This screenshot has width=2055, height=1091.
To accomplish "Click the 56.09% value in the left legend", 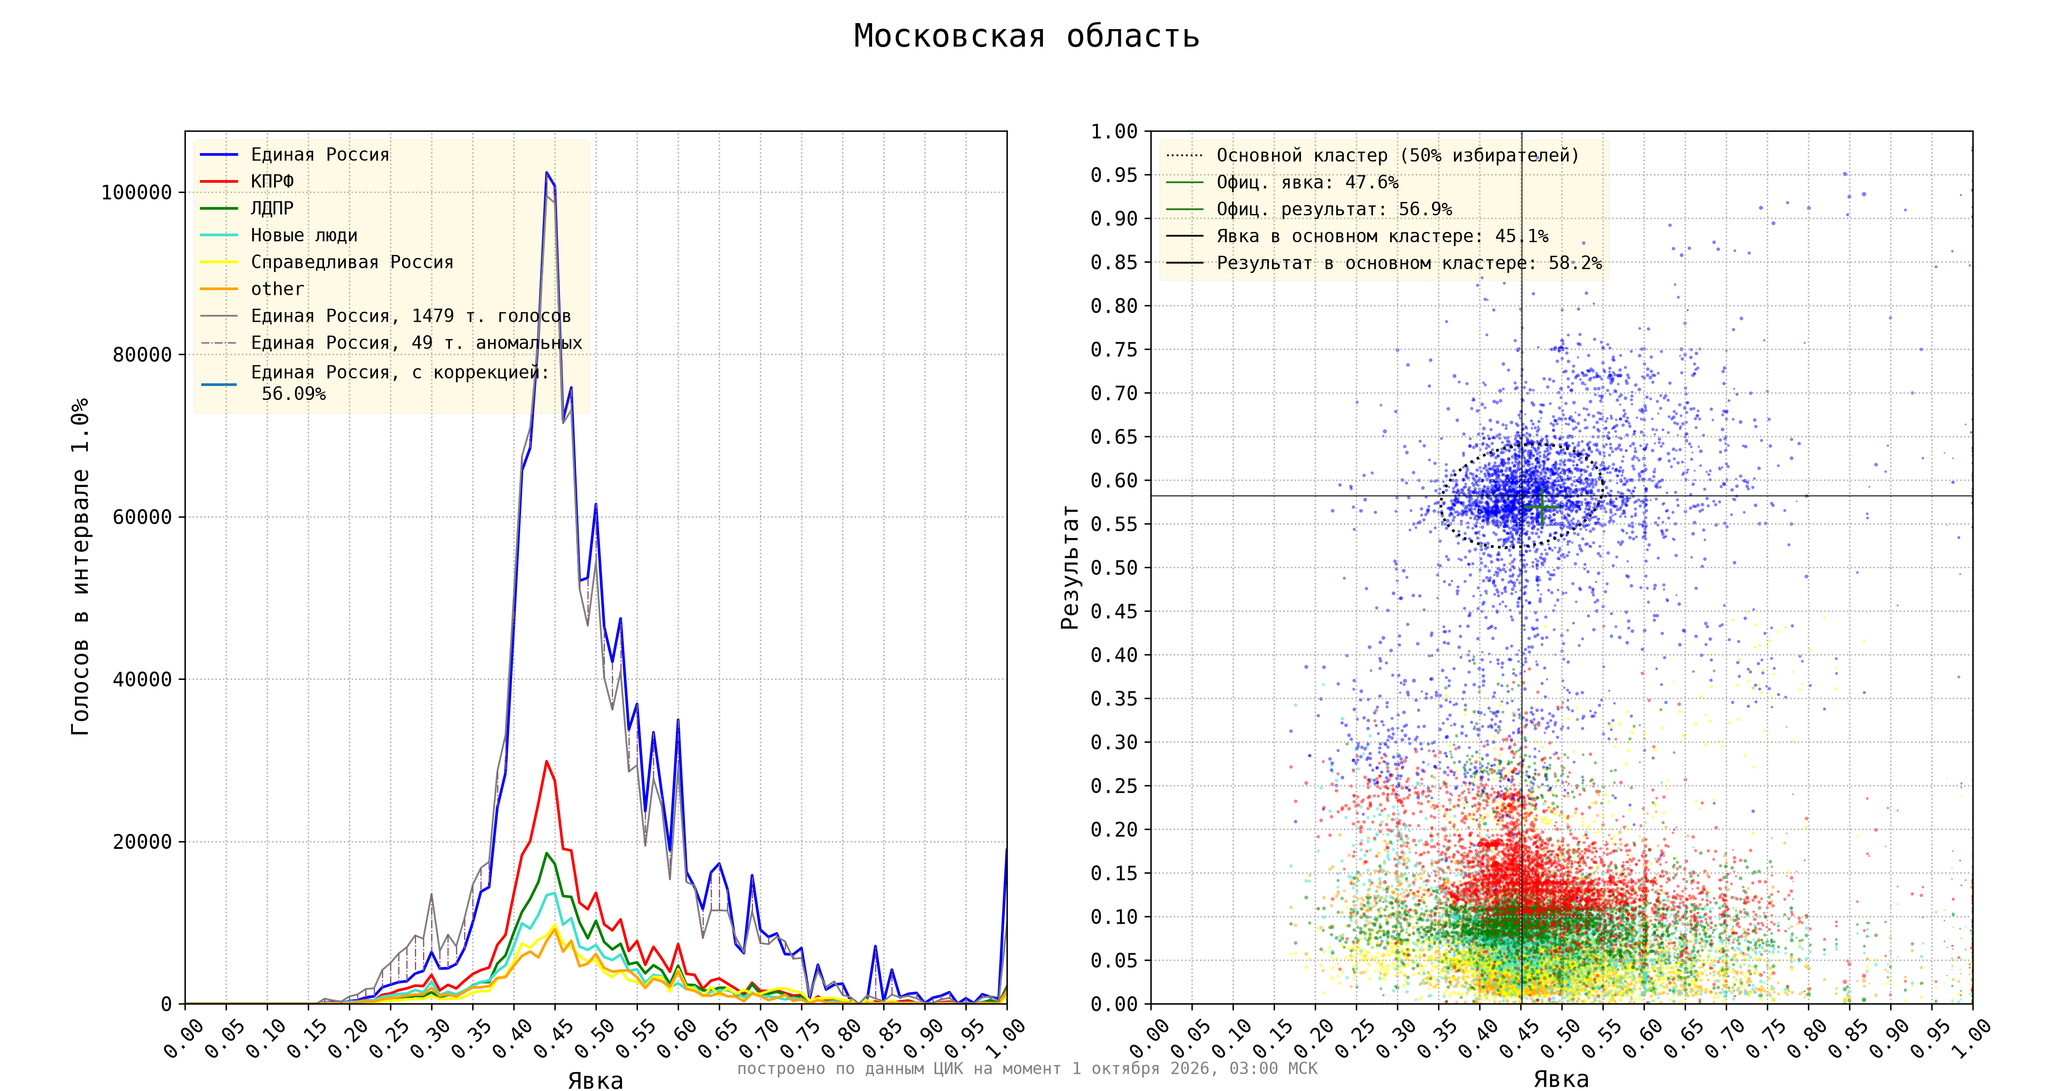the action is (294, 394).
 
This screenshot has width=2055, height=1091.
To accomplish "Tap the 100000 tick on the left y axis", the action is (137, 192).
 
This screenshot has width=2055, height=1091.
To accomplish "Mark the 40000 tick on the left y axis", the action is (142, 679).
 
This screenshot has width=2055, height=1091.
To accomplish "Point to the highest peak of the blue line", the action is (546, 172).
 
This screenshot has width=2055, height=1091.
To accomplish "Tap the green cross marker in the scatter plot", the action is (1541, 507).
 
